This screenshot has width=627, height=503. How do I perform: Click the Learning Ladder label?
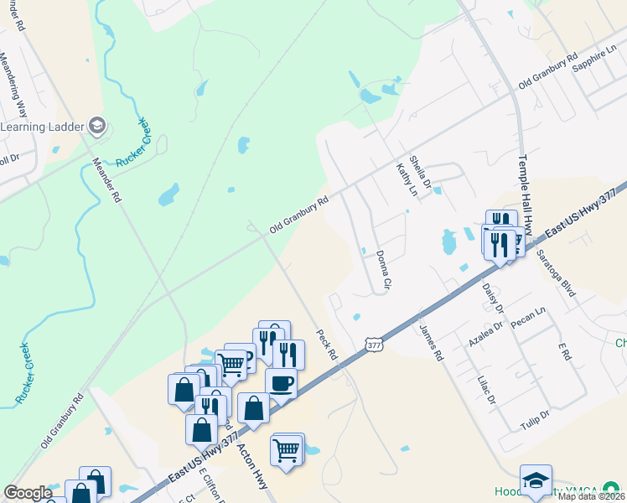pos(42,127)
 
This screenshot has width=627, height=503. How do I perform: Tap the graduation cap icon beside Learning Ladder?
pos(96,127)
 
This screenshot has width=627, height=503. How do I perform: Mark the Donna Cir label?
pos(383,270)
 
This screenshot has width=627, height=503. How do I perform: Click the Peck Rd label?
pos(326,344)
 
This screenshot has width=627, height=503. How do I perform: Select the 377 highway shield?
pos(374,344)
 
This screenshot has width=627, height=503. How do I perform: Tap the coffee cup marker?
pos(281,382)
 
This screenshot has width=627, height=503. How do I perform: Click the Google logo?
pos(28,493)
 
